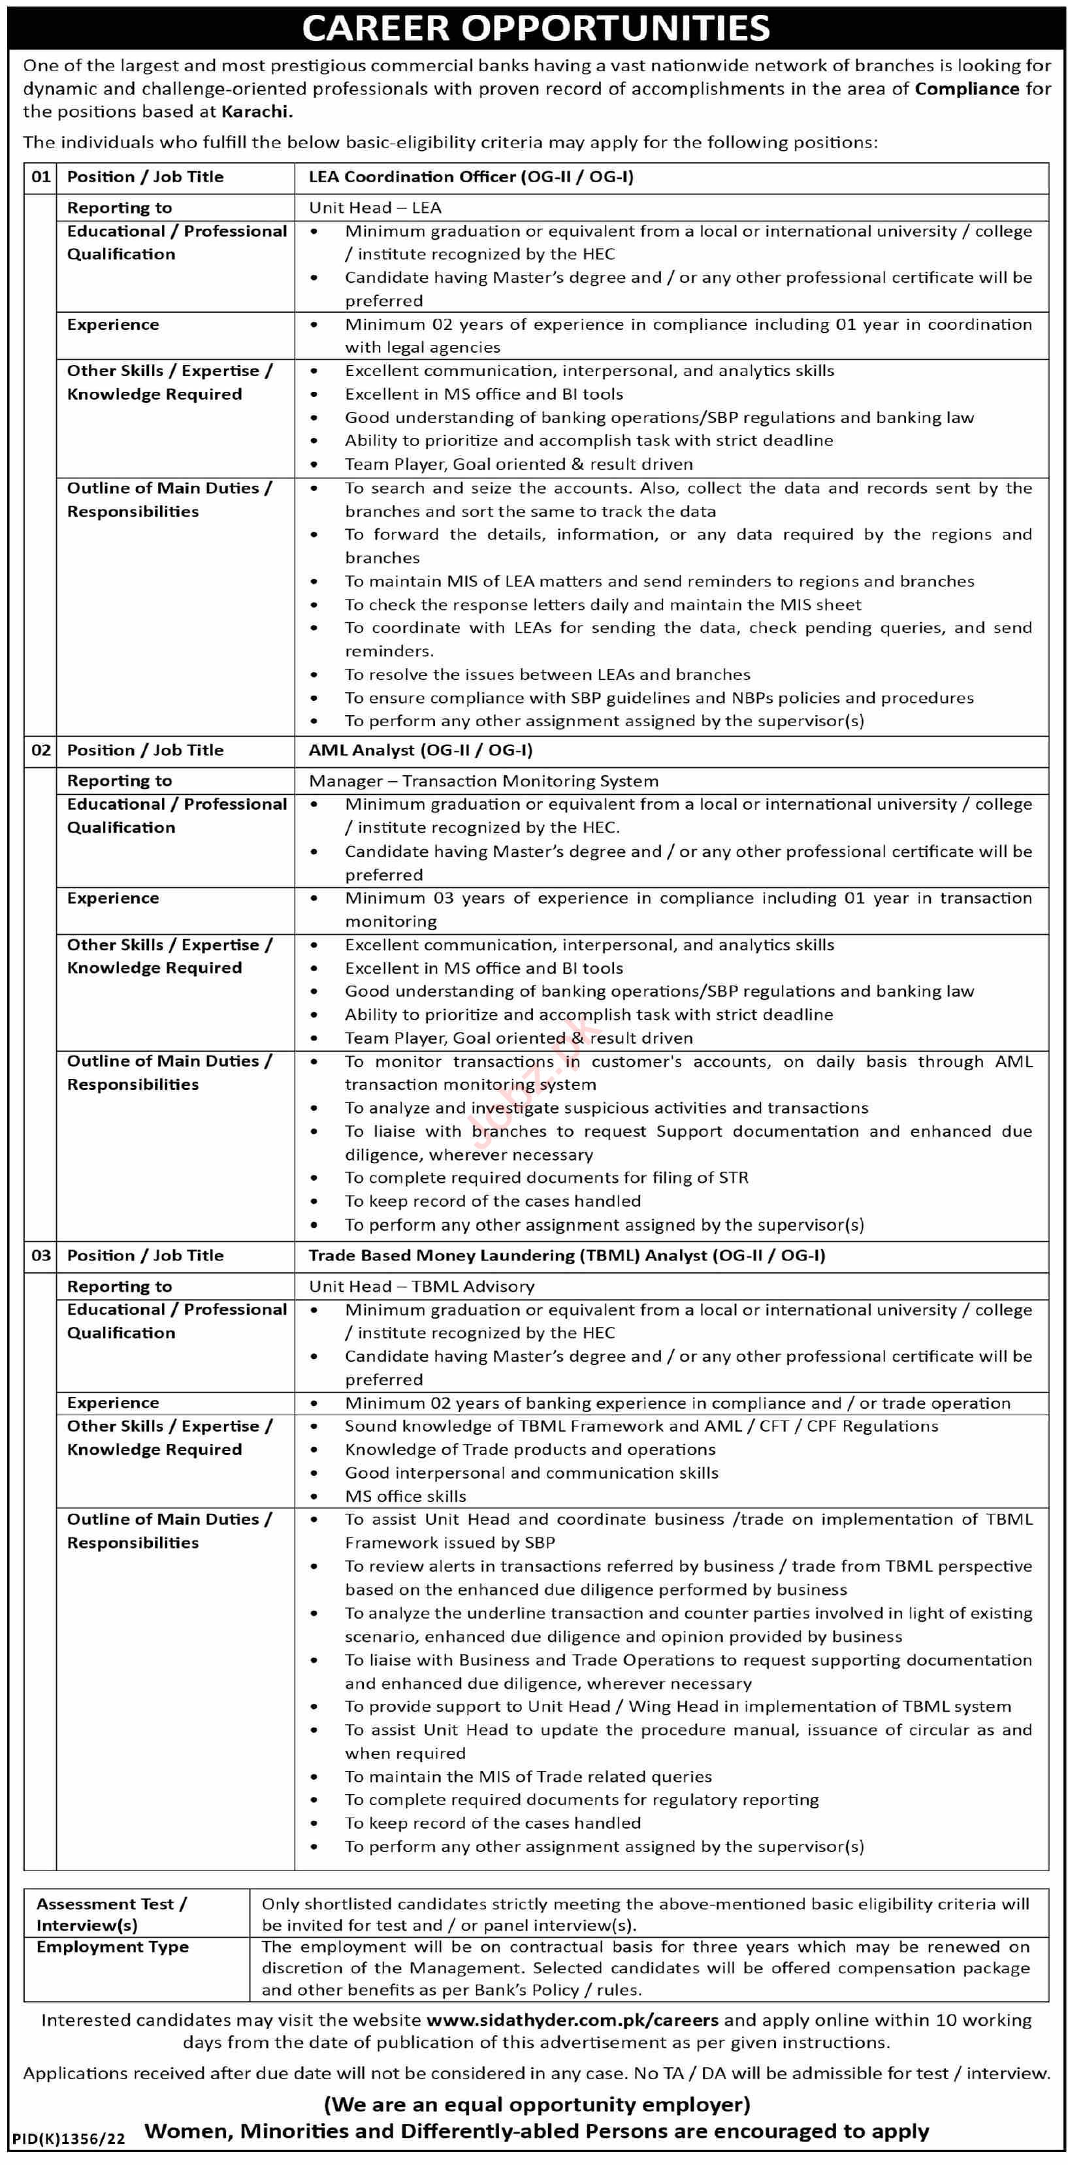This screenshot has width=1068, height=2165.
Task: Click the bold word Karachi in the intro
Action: (x=256, y=112)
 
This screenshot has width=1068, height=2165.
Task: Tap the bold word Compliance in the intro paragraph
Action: (x=966, y=89)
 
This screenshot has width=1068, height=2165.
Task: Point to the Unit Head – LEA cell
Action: (x=375, y=208)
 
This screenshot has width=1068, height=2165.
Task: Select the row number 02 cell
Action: (x=40, y=750)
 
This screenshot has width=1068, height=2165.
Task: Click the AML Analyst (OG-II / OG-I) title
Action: (x=420, y=750)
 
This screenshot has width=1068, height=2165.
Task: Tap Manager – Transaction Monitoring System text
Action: (x=483, y=782)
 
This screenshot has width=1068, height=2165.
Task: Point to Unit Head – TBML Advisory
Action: (x=421, y=1287)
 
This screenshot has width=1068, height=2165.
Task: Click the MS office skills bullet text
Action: (x=405, y=1497)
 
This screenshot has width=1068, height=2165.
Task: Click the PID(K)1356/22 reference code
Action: (x=68, y=2139)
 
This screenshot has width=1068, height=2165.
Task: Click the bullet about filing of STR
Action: (x=546, y=1178)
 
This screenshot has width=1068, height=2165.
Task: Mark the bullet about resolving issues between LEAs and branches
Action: (x=547, y=675)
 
